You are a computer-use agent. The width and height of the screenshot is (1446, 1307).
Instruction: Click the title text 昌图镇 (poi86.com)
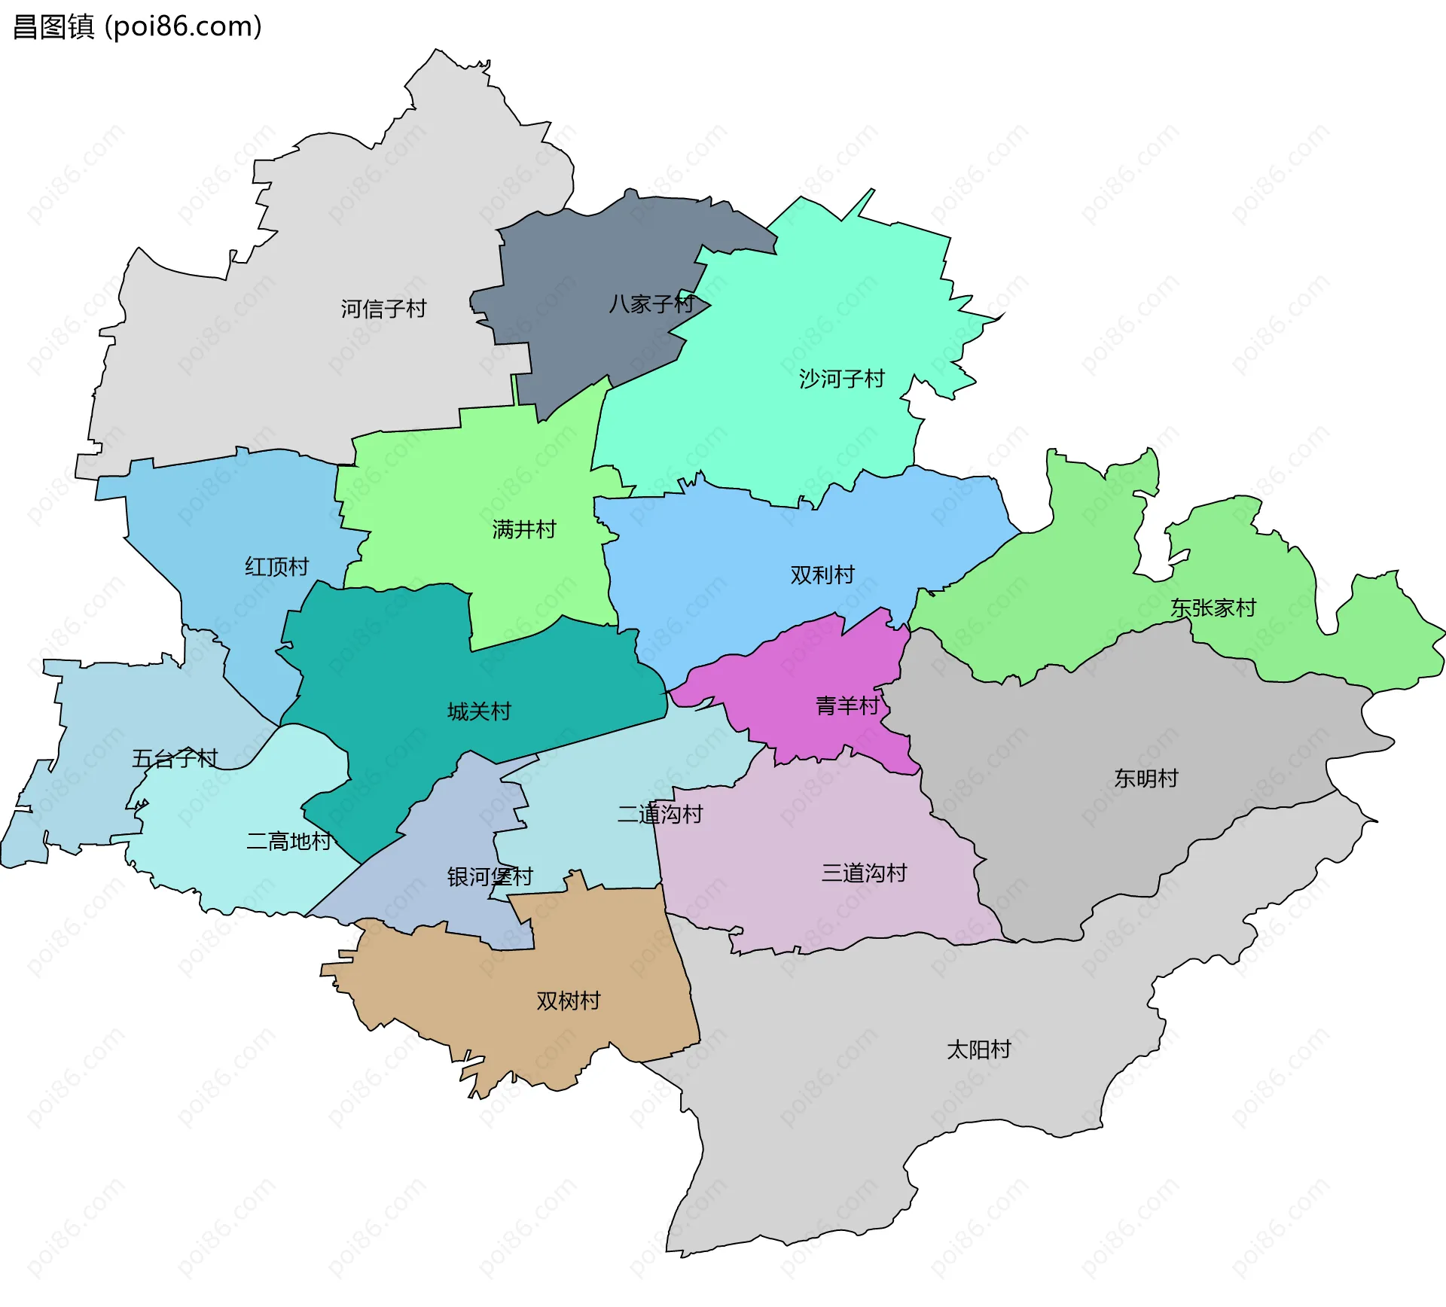click(x=138, y=26)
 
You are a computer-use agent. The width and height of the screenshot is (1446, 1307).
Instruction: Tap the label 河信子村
click(x=383, y=309)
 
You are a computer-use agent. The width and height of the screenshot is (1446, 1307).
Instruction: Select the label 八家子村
click(x=651, y=304)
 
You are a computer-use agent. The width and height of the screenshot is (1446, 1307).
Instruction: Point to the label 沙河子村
click(x=841, y=379)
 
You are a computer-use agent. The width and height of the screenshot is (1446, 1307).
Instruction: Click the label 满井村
click(x=524, y=529)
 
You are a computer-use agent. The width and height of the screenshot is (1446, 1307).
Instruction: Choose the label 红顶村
click(x=276, y=566)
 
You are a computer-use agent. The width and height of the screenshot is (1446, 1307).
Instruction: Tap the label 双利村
click(x=822, y=574)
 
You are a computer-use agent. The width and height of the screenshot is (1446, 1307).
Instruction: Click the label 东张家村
click(x=1213, y=608)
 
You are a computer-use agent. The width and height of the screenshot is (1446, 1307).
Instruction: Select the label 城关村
click(x=479, y=711)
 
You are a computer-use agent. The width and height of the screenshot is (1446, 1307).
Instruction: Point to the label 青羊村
click(x=847, y=705)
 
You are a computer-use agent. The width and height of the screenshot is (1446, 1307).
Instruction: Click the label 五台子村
click(x=175, y=758)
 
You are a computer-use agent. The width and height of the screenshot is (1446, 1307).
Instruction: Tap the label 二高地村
click(x=289, y=841)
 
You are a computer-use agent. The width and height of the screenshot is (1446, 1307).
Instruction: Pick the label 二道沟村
click(x=660, y=814)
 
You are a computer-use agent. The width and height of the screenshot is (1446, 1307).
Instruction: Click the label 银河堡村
click(x=490, y=876)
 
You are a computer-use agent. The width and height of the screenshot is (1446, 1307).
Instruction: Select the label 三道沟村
click(x=864, y=873)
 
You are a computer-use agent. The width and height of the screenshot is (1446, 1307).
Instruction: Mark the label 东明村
click(x=1146, y=778)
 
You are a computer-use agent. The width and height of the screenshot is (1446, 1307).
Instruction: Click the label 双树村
click(x=568, y=1001)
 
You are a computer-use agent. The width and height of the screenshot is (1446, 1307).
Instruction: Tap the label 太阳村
click(x=978, y=1049)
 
